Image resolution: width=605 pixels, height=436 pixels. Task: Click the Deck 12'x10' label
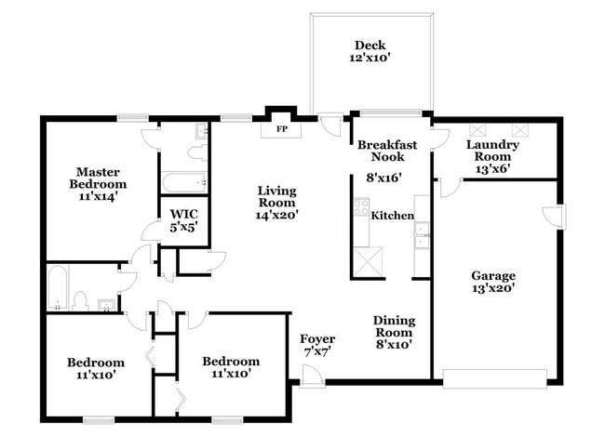[370, 51]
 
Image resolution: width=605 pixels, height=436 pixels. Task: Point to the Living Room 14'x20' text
[277, 203]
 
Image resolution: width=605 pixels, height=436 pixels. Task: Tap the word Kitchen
[392, 216]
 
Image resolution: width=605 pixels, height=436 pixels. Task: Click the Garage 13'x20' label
[492, 282]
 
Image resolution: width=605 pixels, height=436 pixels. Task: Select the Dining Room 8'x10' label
[394, 332]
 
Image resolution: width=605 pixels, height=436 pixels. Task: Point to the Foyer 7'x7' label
[316, 346]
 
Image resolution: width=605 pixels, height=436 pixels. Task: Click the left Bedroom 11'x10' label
[95, 369]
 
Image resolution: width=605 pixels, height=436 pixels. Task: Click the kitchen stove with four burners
[360, 210]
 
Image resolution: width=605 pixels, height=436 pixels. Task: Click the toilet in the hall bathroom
[81, 300]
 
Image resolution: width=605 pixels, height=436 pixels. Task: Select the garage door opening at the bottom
[494, 377]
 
